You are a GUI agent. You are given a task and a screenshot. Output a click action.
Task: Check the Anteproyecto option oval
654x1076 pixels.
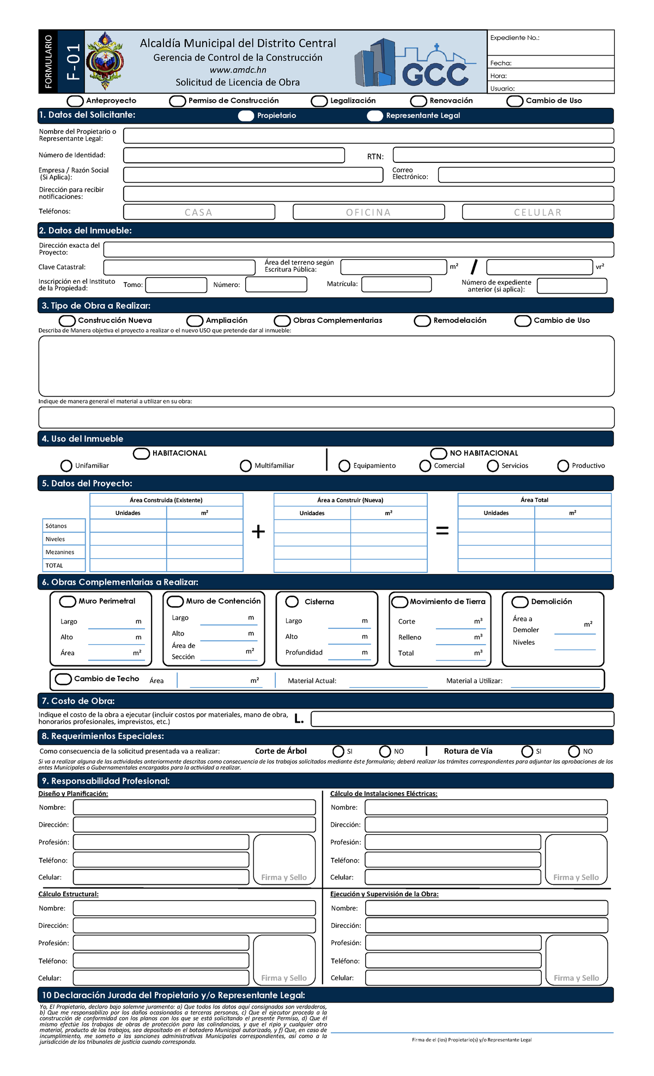click(x=75, y=101)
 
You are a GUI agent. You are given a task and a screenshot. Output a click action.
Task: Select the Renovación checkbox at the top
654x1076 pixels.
click(x=419, y=101)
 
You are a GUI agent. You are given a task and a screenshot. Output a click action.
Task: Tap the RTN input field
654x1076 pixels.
click(x=503, y=155)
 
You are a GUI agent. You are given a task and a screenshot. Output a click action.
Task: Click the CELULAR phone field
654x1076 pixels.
click(x=538, y=212)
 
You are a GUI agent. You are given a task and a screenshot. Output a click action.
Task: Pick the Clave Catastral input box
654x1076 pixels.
click(x=179, y=267)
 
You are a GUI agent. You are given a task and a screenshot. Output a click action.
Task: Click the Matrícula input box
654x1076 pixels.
click(x=396, y=284)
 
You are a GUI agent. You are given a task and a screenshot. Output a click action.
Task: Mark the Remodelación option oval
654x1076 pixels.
click(x=422, y=321)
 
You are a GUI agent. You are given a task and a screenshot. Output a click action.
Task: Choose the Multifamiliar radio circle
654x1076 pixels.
click(x=246, y=466)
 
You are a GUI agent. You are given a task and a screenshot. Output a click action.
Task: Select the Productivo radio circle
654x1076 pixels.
click(x=563, y=466)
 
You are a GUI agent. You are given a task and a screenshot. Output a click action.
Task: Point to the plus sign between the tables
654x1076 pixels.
click(x=258, y=531)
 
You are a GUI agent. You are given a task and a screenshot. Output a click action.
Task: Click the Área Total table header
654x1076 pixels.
click(x=534, y=500)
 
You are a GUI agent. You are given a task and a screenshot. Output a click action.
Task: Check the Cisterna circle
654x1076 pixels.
click(x=292, y=601)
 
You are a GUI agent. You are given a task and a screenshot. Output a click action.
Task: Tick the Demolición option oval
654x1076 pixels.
click(x=520, y=602)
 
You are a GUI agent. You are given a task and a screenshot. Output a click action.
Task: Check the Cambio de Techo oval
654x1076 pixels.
click(x=64, y=679)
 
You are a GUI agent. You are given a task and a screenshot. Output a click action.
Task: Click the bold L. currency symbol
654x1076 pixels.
click(x=299, y=719)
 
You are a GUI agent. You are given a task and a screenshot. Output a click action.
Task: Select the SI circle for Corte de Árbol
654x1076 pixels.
click(x=338, y=751)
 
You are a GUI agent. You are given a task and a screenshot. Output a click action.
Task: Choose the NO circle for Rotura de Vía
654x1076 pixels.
click(x=574, y=751)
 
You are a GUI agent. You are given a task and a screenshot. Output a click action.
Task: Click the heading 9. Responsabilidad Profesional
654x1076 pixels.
click(x=106, y=781)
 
